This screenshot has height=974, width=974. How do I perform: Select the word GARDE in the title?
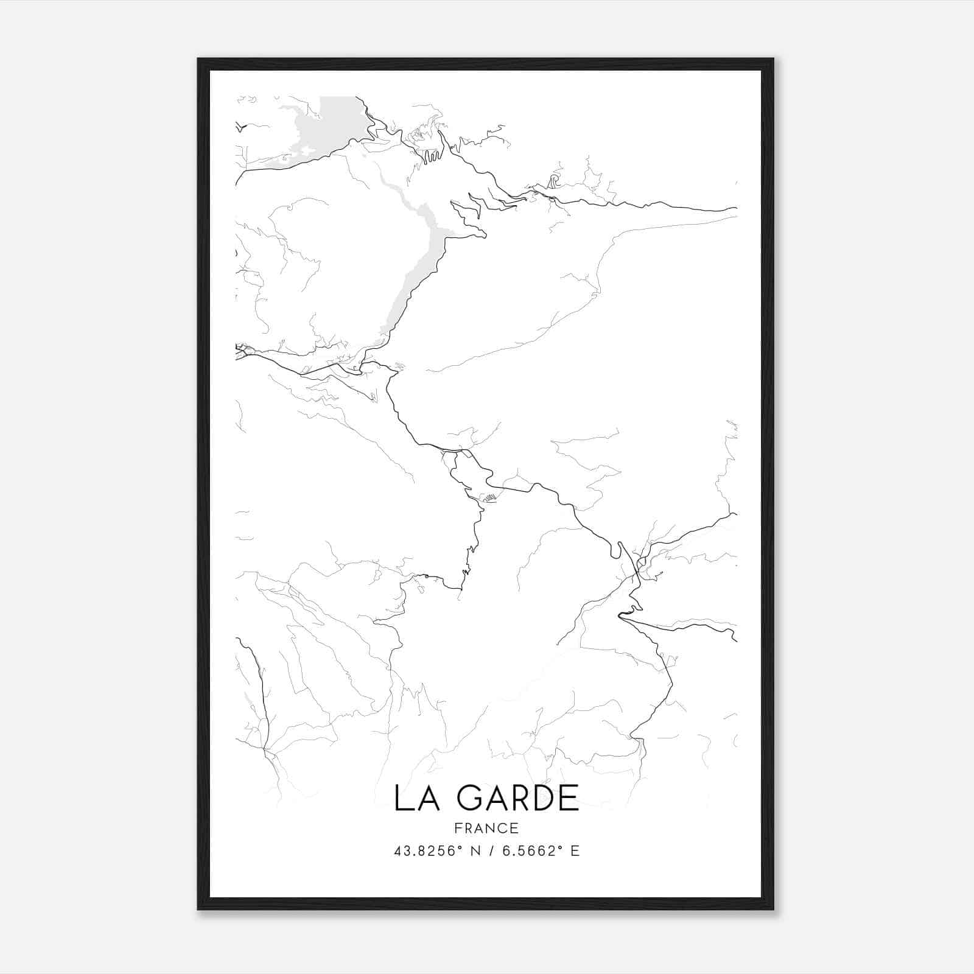tap(518, 798)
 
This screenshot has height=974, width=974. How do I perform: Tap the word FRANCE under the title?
tap(486, 828)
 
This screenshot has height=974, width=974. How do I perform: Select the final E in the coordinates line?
tap(575, 851)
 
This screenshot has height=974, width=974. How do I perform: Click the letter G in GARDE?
tap(471, 798)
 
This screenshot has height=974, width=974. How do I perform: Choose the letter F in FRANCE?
tap(458, 828)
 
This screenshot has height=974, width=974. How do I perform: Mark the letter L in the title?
tap(401, 798)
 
